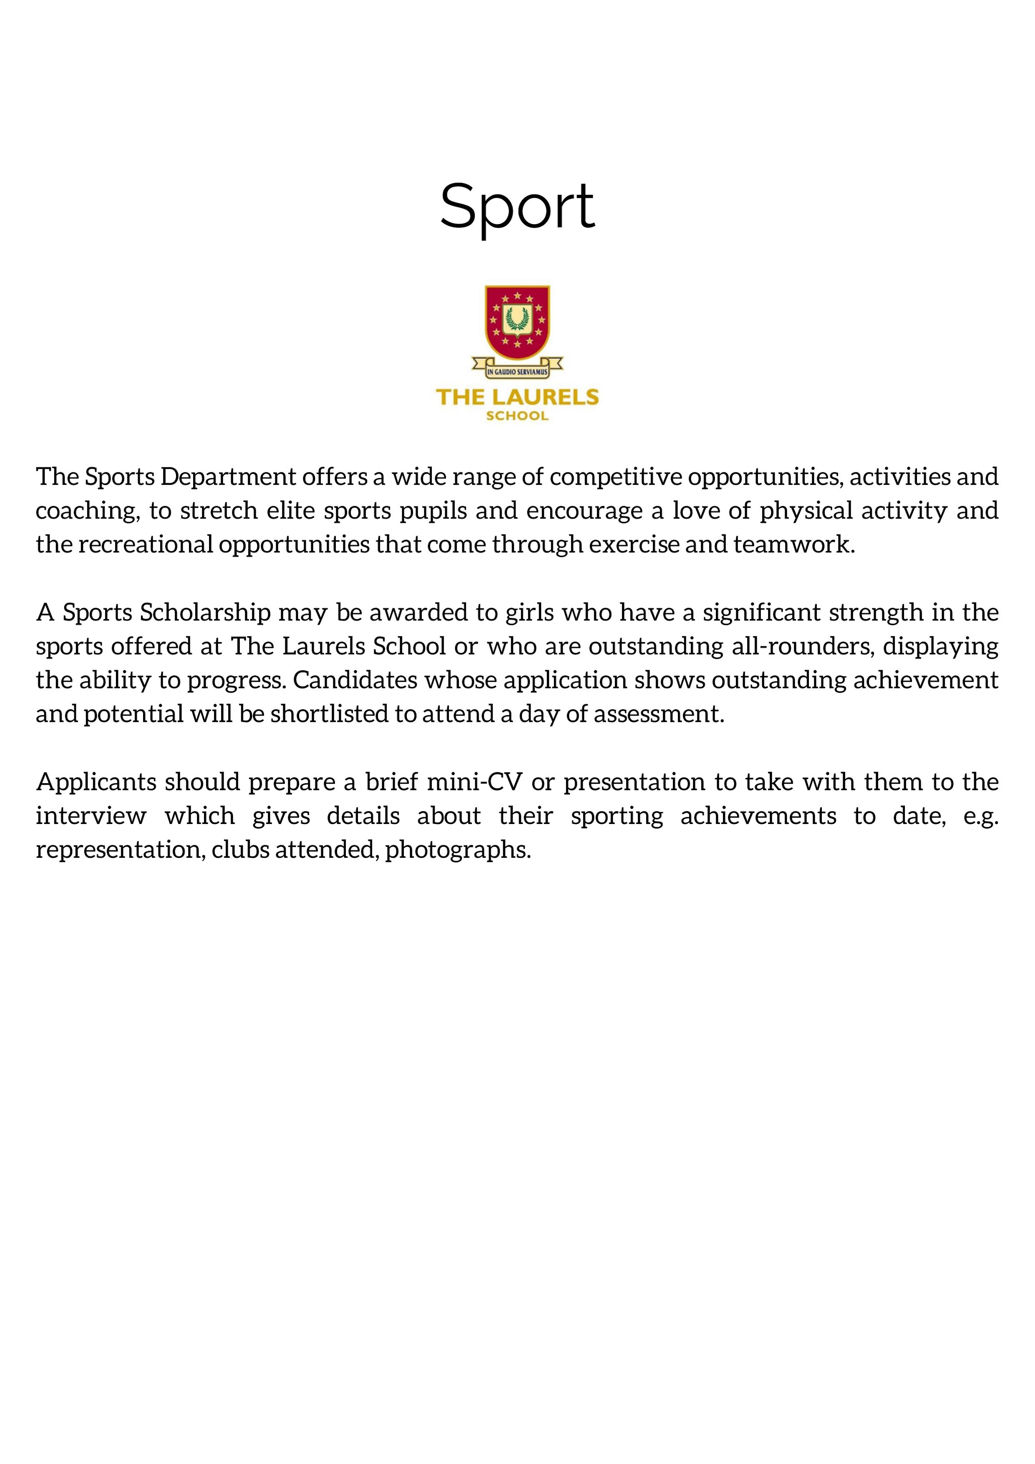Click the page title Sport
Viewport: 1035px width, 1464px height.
(517, 207)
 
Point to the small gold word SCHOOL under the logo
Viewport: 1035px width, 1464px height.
(517, 416)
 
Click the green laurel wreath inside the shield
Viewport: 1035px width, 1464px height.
(517, 317)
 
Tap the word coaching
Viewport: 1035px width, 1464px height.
(87, 511)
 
